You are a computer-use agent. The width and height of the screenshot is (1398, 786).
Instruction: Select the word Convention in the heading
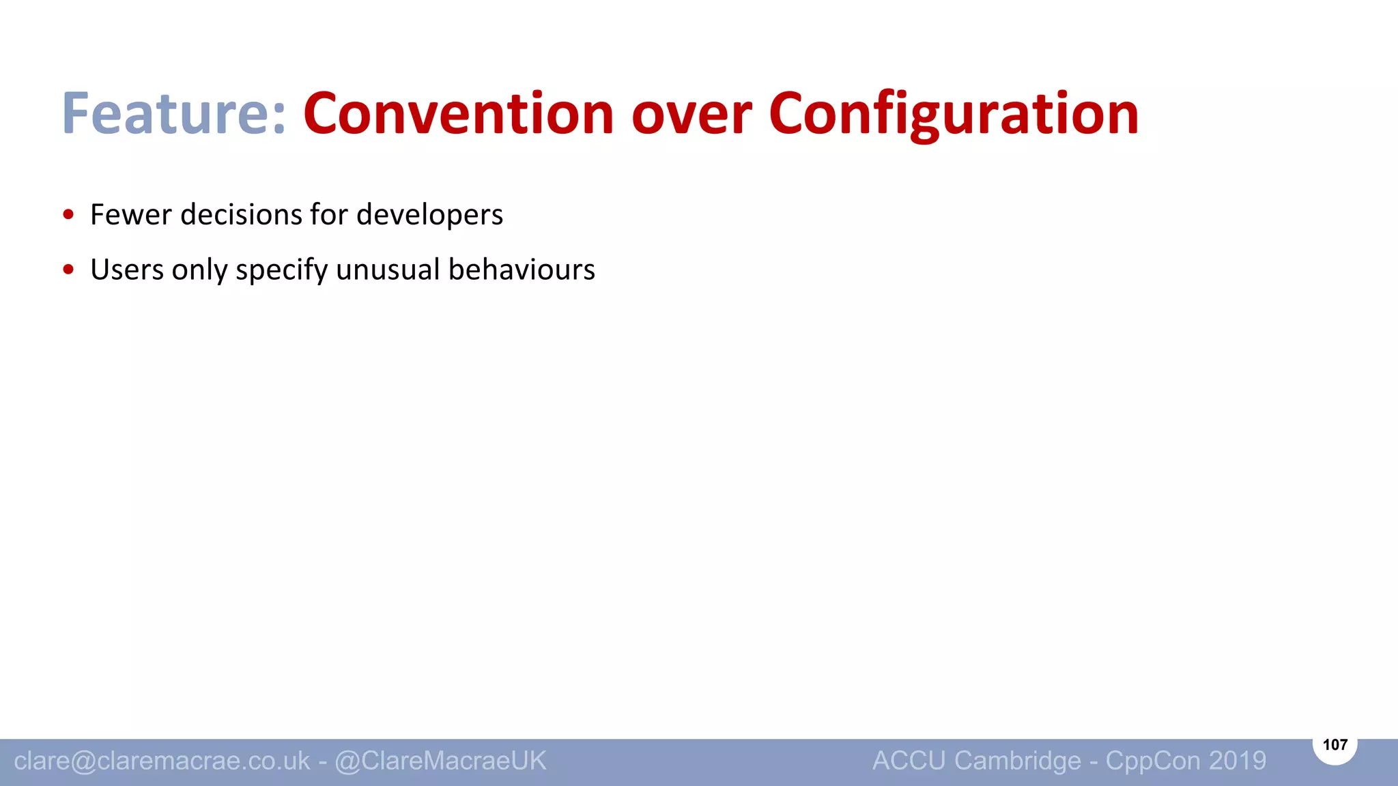pyautogui.click(x=459, y=113)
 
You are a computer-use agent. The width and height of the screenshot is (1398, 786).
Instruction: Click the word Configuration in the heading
pyautogui.click(x=954, y=113)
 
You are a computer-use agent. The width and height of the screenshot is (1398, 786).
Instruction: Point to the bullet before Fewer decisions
pyautogui.click(x=68, y=215)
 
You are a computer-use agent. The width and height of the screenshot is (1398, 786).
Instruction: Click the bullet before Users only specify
pyautogui.click(x=68, y=270)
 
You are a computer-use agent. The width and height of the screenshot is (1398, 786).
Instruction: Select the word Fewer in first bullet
pyautogui.click(x=131, y=215)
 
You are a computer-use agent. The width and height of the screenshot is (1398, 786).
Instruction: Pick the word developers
pyautogui.click(x=429, y=215)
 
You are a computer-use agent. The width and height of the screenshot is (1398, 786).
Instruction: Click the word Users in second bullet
pyautogui.click(x=127, y=270)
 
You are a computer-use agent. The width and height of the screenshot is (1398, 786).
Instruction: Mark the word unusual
pyautogui.click(x=388, y=270)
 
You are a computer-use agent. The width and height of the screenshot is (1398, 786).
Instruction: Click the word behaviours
pyautogui.click(x=522, y=270)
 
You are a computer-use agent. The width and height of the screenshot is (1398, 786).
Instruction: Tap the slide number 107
pyautogui.click(x=1335, y=744)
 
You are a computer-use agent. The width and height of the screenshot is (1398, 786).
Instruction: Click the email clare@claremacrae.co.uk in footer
pyautogui.click(x=162, y=761)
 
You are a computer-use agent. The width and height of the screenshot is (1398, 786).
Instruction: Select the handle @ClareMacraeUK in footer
pyautogui.click(x=440, y=761)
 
